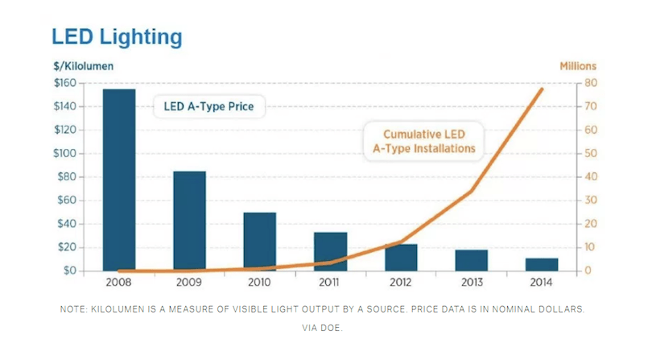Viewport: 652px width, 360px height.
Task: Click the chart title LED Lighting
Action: coord(117,37)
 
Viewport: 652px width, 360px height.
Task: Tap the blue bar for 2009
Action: coord(189,221)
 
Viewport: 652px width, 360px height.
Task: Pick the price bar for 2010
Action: coord(260,242)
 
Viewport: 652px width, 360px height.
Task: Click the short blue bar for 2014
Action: coord(542,264)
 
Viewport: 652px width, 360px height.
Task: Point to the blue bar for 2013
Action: coord(471,260)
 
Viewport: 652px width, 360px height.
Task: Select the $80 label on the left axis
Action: coord(67,176)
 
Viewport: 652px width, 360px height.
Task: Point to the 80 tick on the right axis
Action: coord(590,83)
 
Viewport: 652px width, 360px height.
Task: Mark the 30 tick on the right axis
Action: coord(590,201)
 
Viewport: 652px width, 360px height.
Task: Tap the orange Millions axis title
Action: coord(580,66)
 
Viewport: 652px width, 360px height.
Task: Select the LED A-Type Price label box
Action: coord(209,106)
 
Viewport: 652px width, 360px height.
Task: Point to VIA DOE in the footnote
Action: coord(325,328)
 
